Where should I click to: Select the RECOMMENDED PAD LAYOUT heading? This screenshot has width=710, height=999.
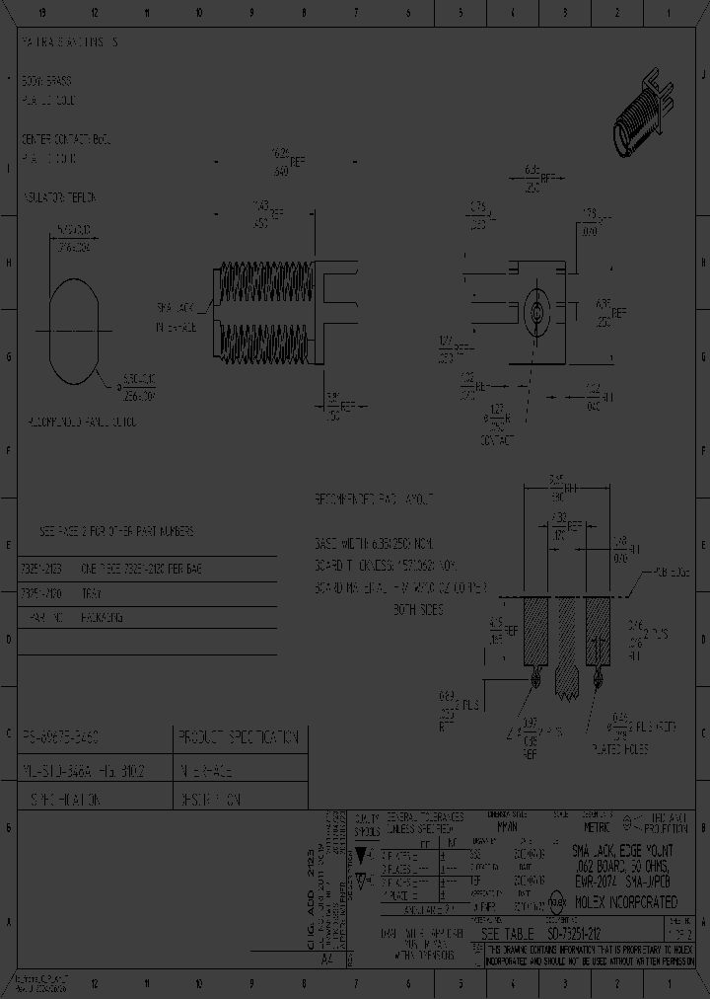pyautogui.click(x=374, y=500)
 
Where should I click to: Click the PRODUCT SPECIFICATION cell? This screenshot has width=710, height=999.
pyautogui.click(x=239, y=737)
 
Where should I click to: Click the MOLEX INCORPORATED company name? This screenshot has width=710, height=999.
pyautogui.click(x=626, y=902)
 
